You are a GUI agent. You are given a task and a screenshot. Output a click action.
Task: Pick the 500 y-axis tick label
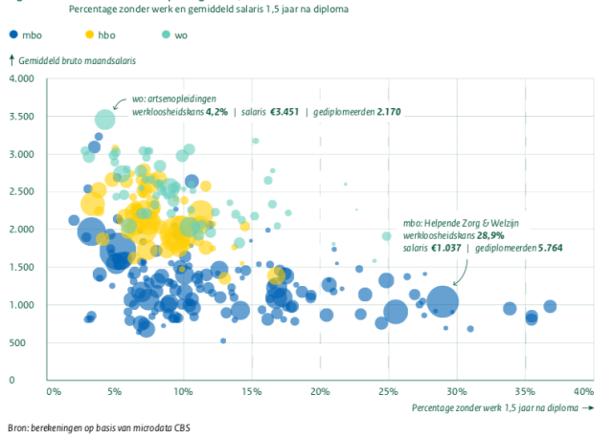pyautogui.click(x=26, y=342)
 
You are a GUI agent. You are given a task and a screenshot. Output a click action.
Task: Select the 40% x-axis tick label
pyautogui.click(x=582, y=391)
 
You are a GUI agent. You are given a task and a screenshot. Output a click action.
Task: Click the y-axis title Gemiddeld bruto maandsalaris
pyautogui.click(x=77, y=59)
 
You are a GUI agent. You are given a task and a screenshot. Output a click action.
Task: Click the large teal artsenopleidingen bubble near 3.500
pyautogui.click(x=104, y=120)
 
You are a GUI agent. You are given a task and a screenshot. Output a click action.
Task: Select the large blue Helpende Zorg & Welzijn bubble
pyautogui.click(x=442, y=301)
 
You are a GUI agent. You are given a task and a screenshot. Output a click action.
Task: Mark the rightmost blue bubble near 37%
pyautogui.click(x=550, y=306)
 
